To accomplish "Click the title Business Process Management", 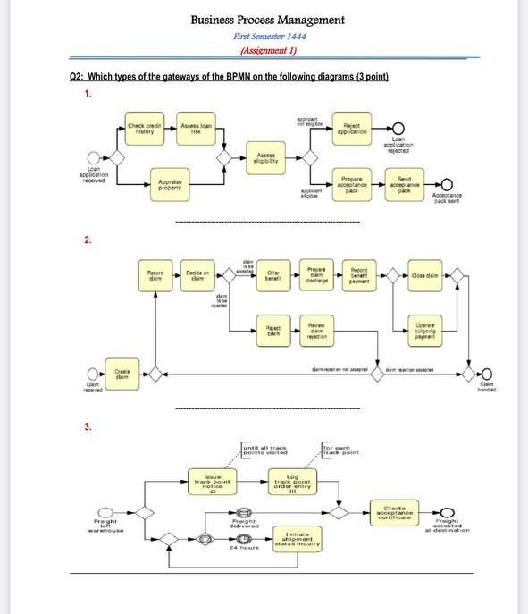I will coord(267,20).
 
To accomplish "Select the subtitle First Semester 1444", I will coord(269,37).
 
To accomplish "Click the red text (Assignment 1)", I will coord(269,52).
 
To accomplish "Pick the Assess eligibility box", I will coord(265,158).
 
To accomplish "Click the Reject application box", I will coord(351,130).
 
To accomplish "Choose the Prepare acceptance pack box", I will coord(351,185).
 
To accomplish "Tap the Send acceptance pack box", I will coord(404,185).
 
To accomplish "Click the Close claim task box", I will coord(424,276).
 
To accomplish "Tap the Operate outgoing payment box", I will coord(424,330).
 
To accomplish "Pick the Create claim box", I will coord(123,375).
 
